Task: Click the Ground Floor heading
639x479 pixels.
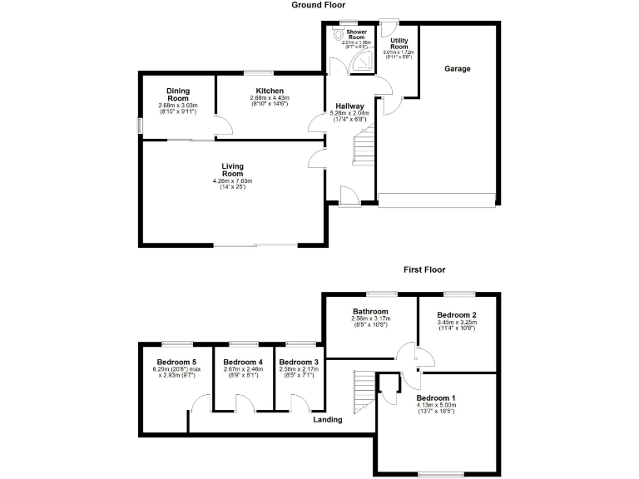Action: [319, 5]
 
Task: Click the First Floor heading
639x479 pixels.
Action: [424, 269]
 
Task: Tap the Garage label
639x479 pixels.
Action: [457, 69]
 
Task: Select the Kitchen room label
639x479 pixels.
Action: [270, 91]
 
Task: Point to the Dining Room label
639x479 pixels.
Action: [178, 95]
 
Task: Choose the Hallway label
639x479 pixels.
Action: [347, 106]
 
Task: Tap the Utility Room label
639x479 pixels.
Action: [399, 43]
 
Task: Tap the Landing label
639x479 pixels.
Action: [328, 420]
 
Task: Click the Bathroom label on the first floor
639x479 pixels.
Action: [369, 312]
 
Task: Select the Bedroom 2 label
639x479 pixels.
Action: [457, 315]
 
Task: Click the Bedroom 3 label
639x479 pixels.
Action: [298, 363]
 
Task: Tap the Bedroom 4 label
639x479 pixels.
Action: [243, 363]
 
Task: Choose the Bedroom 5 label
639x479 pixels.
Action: [176, 363]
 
